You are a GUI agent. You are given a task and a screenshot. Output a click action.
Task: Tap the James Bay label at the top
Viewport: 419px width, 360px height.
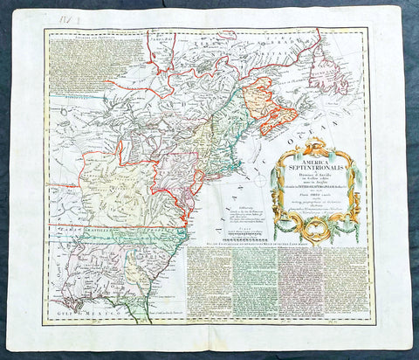coord(162,38)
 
